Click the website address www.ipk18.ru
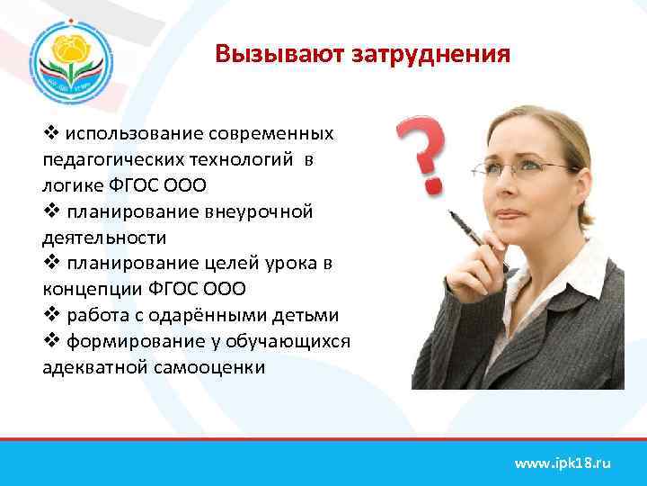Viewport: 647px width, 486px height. [x=562, y=463]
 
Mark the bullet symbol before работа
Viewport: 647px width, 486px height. [x=50, y=315]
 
